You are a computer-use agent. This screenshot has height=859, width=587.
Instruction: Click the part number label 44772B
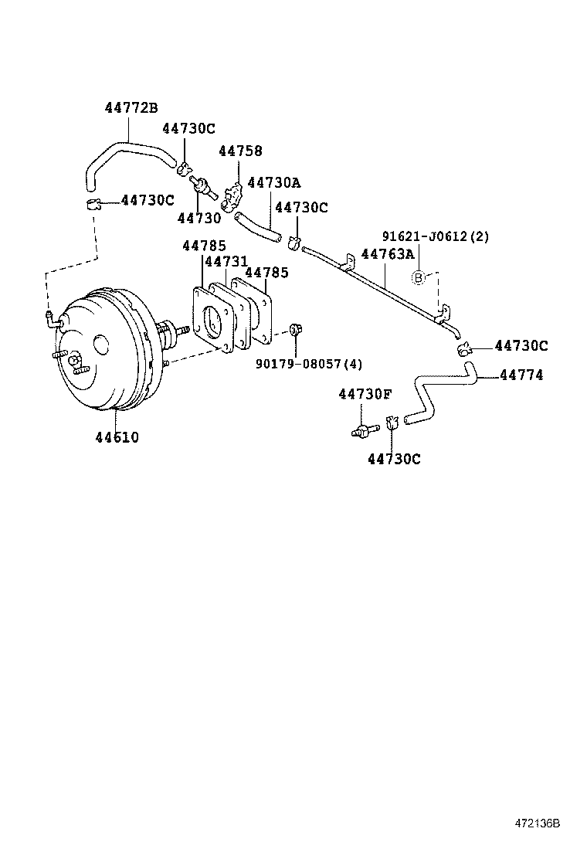[x=131, y=108]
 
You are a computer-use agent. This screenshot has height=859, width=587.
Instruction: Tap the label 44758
[x=240, y=151]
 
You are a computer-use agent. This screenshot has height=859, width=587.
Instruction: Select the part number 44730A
[x=273, y=182]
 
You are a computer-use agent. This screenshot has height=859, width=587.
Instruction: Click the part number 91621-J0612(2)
[x=436, y=236]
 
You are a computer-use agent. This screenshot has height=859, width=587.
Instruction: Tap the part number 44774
[x=521, y=375]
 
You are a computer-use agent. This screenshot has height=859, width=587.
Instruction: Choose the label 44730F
[x=365, y=395]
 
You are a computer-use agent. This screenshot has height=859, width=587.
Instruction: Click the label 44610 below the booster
[x=117, y=437]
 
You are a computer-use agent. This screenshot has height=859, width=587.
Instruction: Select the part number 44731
[x=226, y=262]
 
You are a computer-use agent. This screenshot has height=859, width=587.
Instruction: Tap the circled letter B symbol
[x=418, y=277]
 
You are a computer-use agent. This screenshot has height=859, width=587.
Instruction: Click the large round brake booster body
[x=100, y=355]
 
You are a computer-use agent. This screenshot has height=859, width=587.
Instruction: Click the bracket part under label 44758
[x=232, y=197]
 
